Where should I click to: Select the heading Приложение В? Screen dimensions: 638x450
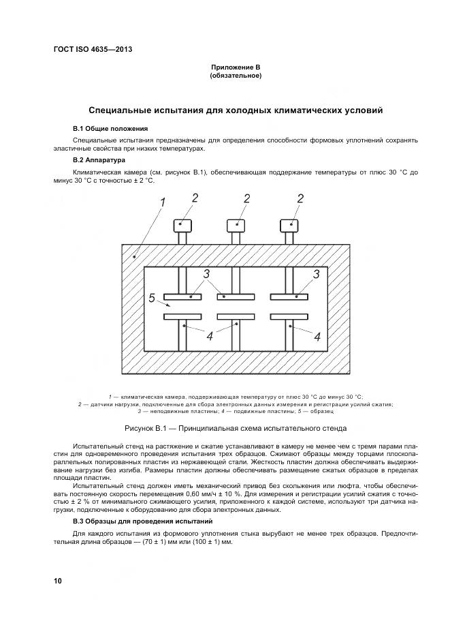(x=235, y=67)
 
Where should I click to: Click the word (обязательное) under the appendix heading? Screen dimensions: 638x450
(x=235, y=76)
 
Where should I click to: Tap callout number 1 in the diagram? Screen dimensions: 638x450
(x=162, y=202)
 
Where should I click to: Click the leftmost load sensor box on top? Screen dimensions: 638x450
(x=182, y=225)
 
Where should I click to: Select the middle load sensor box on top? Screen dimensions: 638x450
(x=236, y=225)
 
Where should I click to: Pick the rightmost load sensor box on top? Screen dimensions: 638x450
(x=289, y=225)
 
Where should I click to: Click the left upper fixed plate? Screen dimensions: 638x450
(x=182, y=297)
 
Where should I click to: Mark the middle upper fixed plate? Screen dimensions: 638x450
(x=236, y=297)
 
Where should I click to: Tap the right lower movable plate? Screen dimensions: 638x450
(x=289, y=317)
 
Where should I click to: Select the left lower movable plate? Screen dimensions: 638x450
(x=182, y=317)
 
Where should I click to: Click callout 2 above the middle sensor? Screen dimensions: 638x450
(x=247, y=198)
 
